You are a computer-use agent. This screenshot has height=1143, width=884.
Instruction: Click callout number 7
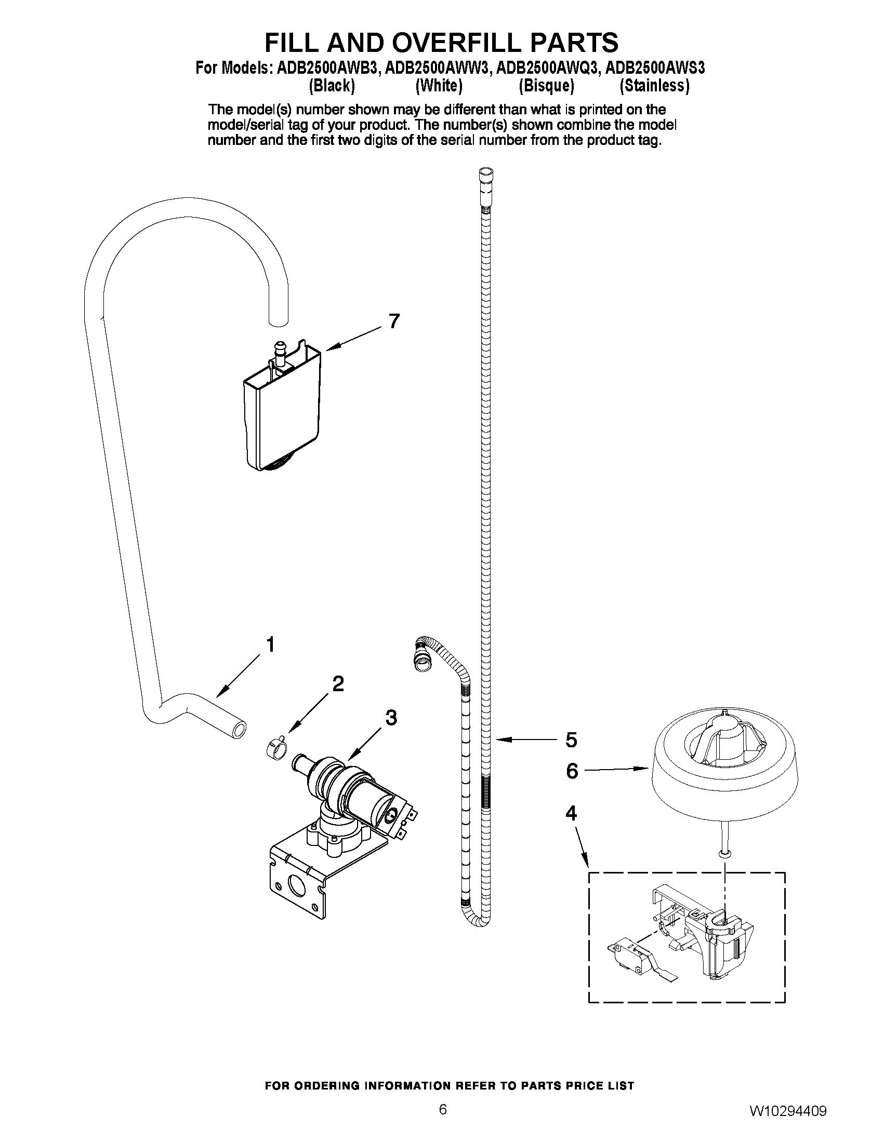pyautogui.click(x=394, y=321)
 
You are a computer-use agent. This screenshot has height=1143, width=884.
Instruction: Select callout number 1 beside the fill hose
pyautogui.click(x=270, y=645)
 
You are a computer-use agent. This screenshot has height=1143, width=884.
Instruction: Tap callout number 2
pyautogui.click(x=338, y=683)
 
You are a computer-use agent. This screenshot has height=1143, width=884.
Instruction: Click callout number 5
pyautogui.click(x=571, y=741)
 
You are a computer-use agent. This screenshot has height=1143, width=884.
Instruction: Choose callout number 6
pyautogui.click(x=572, y=771)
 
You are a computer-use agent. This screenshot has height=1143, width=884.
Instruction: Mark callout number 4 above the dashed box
pyautogui.click(x=571, y=813)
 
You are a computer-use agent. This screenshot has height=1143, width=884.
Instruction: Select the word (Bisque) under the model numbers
pyautogui.click(x=546, y=85)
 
